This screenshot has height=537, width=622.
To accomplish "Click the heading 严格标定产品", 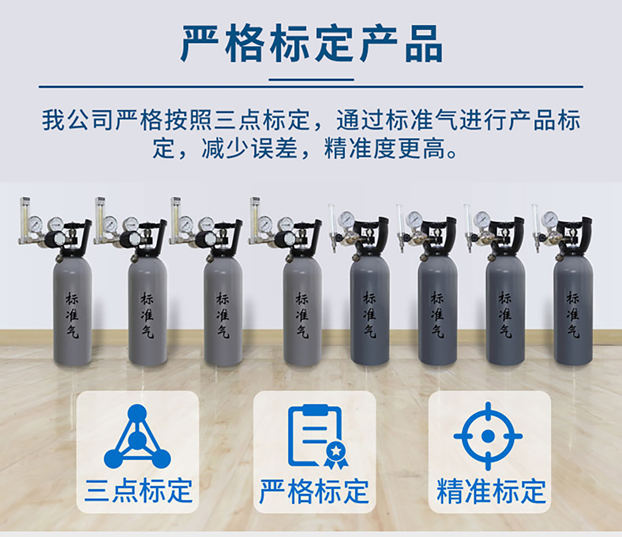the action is click(x=312, y=44).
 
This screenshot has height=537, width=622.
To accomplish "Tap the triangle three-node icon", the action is click(x=137, y=436).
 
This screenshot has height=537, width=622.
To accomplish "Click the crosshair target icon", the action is click(x=488, y=436).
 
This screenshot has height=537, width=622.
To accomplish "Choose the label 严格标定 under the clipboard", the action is click(x=314, y=491).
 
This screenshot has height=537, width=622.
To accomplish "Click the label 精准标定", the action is click(x=491, y=491).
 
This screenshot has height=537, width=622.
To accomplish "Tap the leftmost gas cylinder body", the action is click(x=72, y=311).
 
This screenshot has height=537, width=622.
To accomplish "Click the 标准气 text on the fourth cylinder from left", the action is click(x=302, y=314).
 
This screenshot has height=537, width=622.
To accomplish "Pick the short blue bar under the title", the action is click(x=311, y=80).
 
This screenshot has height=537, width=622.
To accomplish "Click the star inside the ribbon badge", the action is click(x=336, y=451).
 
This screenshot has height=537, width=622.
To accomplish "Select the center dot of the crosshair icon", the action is click(x=488, y=436).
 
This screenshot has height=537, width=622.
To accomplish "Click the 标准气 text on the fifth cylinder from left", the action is click(x=369, y=314).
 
